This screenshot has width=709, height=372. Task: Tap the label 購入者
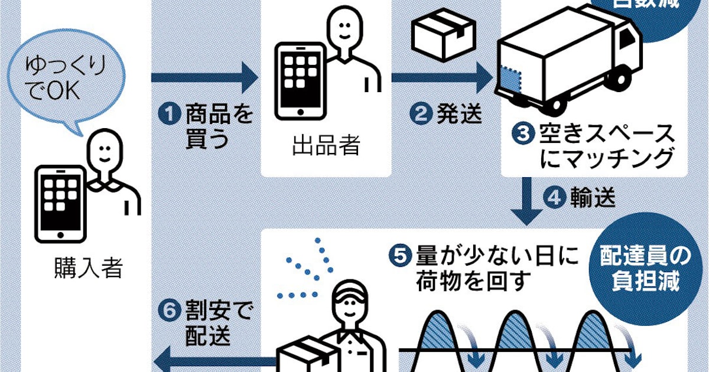pyautogui.click(x=87, y=269)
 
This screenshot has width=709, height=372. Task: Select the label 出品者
pyautogui.click(x=326, y=146)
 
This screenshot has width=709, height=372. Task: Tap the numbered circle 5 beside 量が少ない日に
pyautogui.click(x=399, y=255)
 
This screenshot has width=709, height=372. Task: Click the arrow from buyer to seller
pyautogui.click(x=204, y=77)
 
